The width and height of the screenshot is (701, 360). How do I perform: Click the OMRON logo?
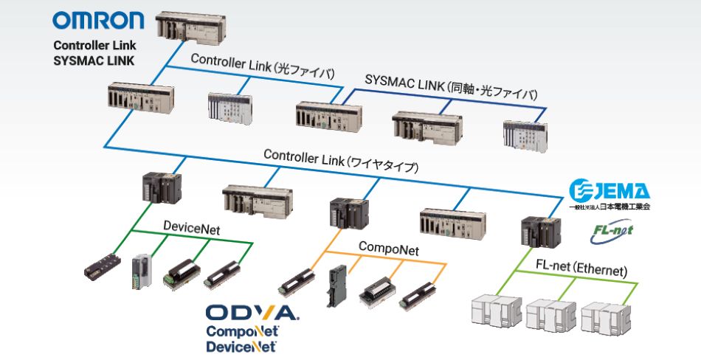click(x=98, y=21)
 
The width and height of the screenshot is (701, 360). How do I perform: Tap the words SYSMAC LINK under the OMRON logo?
click(x=94, y=61)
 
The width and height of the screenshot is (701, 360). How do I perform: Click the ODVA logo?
click(x=252, y=313)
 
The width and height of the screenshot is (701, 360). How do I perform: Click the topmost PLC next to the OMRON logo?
click(x=195, y=29)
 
